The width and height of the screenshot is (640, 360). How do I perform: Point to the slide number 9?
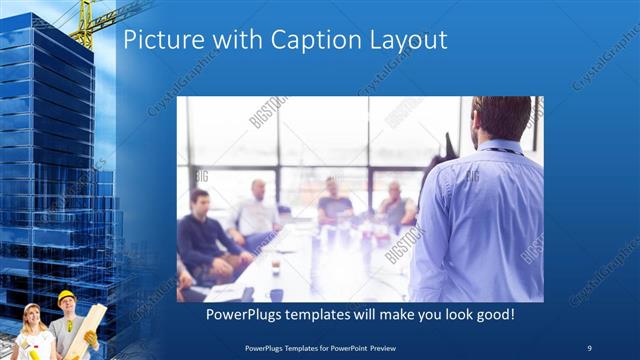coord(589,347)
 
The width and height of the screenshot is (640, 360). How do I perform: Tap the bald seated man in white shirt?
coord(257,210)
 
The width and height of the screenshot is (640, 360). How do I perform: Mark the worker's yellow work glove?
coord(91,340)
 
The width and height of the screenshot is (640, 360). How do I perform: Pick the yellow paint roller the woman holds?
coord(33,352)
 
